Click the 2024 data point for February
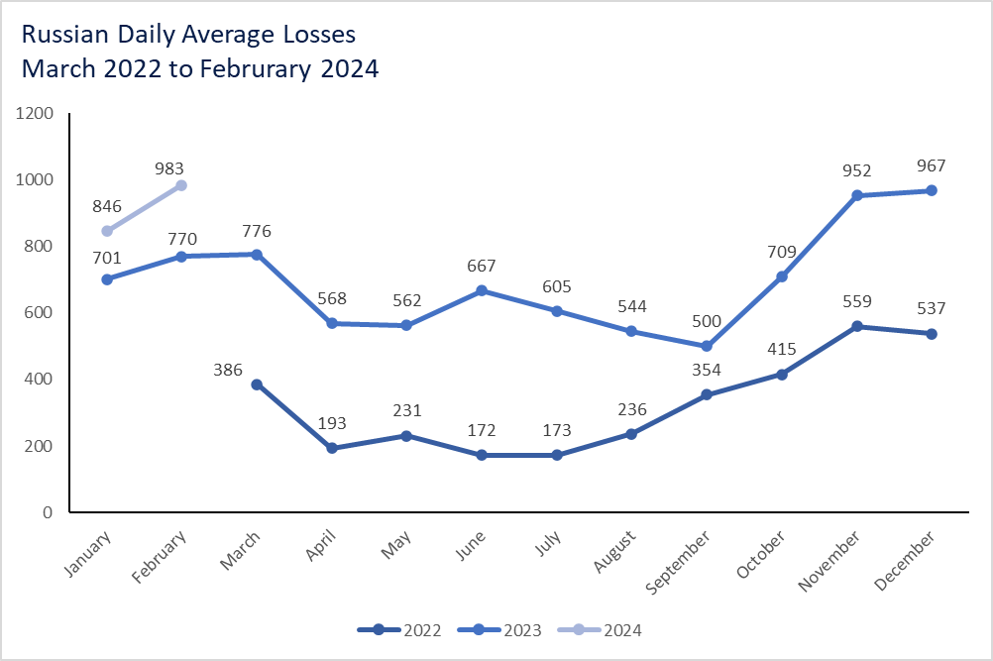181,185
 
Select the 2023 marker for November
856,195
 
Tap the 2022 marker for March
257,385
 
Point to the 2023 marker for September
707,346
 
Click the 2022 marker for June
482,455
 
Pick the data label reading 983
169,168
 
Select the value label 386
228,369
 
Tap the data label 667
481,267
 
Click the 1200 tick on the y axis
35,113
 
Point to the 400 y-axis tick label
39,380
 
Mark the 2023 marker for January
107,279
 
